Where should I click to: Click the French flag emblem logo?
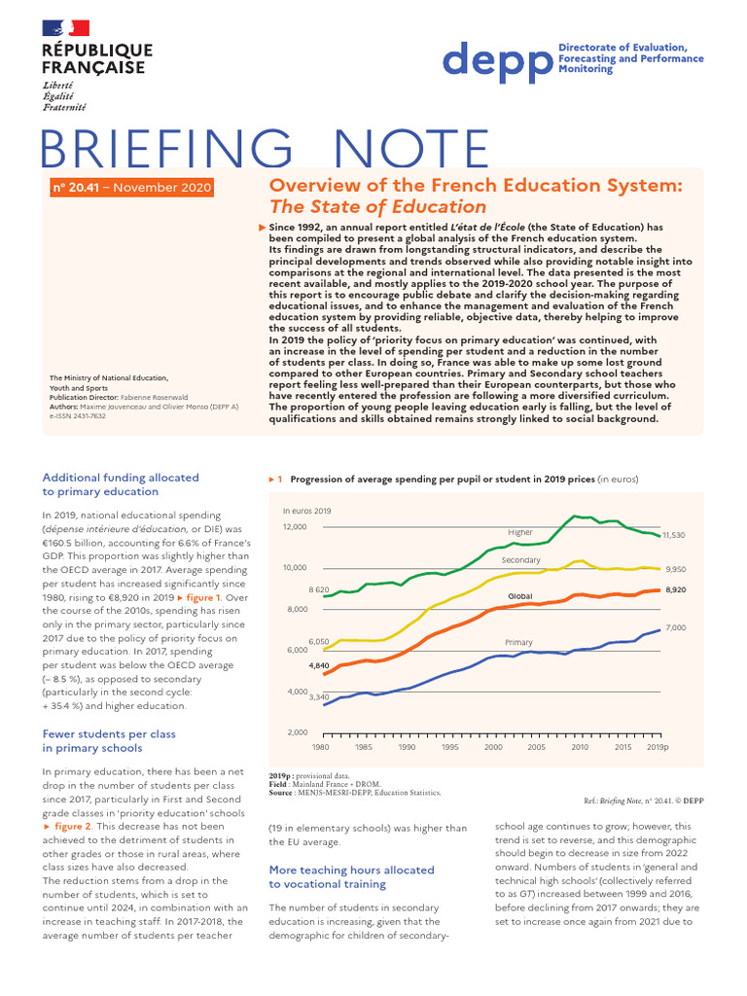(x=65, y=29)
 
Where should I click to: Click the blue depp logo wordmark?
(x=496, y=60)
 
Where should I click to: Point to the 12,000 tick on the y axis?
(x=295, y=526)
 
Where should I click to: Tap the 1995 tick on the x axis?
(x=450, y=747)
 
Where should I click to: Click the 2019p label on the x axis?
(x=657, y=747)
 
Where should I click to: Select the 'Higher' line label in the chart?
(x=520, y=532)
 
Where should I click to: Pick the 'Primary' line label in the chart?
(x=518, y=643)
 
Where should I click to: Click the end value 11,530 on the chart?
(x=674, y=535)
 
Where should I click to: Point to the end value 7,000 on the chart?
(x=675, y=628)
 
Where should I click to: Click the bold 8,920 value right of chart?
(x=675, y=589)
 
